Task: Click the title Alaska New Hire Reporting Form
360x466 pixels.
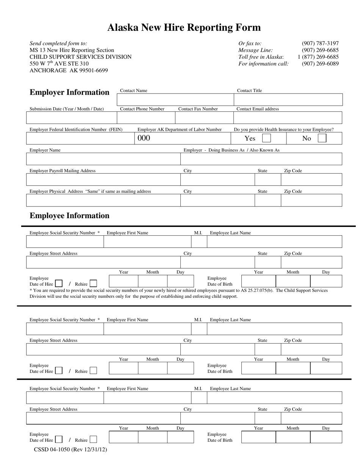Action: (x=184, y=28)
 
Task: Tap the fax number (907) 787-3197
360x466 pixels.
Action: (x=320, y=44)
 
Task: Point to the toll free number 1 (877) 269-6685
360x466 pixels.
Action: (x=318, y=57)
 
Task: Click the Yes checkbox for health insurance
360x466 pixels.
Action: (x=267, y=138)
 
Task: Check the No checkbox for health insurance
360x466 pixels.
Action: (x=322, y=138)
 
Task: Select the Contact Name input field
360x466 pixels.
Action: (x=175, y=100)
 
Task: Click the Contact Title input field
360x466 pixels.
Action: (x=288, y=100)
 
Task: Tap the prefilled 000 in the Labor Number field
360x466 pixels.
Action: (x=144, y=138)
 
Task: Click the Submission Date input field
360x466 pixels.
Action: (x=71, y=118)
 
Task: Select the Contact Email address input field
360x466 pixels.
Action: (x=288, y=118)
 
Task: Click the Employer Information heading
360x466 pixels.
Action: (x=69, y=92)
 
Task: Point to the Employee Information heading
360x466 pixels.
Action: (x=69, y=216)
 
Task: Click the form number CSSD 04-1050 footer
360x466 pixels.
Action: (x=70, y=450)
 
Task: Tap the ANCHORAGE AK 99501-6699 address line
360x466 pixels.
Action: (x=69, y=70)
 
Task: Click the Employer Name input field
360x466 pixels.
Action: (x=103, y=159)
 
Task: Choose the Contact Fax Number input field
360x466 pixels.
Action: (x=204, y=118)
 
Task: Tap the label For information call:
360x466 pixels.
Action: (x=263, y=64)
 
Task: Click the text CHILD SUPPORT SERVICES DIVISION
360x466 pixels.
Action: (x=81, y=57)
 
